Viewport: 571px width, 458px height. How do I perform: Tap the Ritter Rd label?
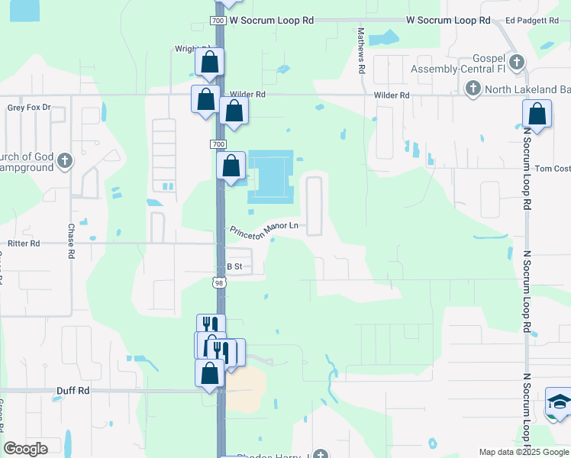click(x=23, y=243)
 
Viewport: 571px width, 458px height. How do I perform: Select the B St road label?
click(x=234, y=266)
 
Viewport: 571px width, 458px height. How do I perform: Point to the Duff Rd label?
click(x=73, y=390)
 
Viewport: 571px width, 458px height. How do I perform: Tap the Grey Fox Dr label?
click(x=29, y=108)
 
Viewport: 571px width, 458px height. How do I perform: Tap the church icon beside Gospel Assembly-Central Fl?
click(x=517, y=63)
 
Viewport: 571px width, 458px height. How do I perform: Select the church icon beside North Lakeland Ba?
click(x=473, y=88)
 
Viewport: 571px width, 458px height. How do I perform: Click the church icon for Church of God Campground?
click(x=66, y=161)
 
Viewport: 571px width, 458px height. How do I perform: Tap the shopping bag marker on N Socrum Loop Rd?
click(x=537, y=114)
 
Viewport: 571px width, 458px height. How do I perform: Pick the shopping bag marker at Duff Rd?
click(x=210, y=374)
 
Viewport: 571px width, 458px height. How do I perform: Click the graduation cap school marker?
click(x=560, y=402)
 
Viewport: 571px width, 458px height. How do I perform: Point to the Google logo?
click(x=26, y=449)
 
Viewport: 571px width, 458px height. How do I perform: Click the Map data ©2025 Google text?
click(x=523, y=452)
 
